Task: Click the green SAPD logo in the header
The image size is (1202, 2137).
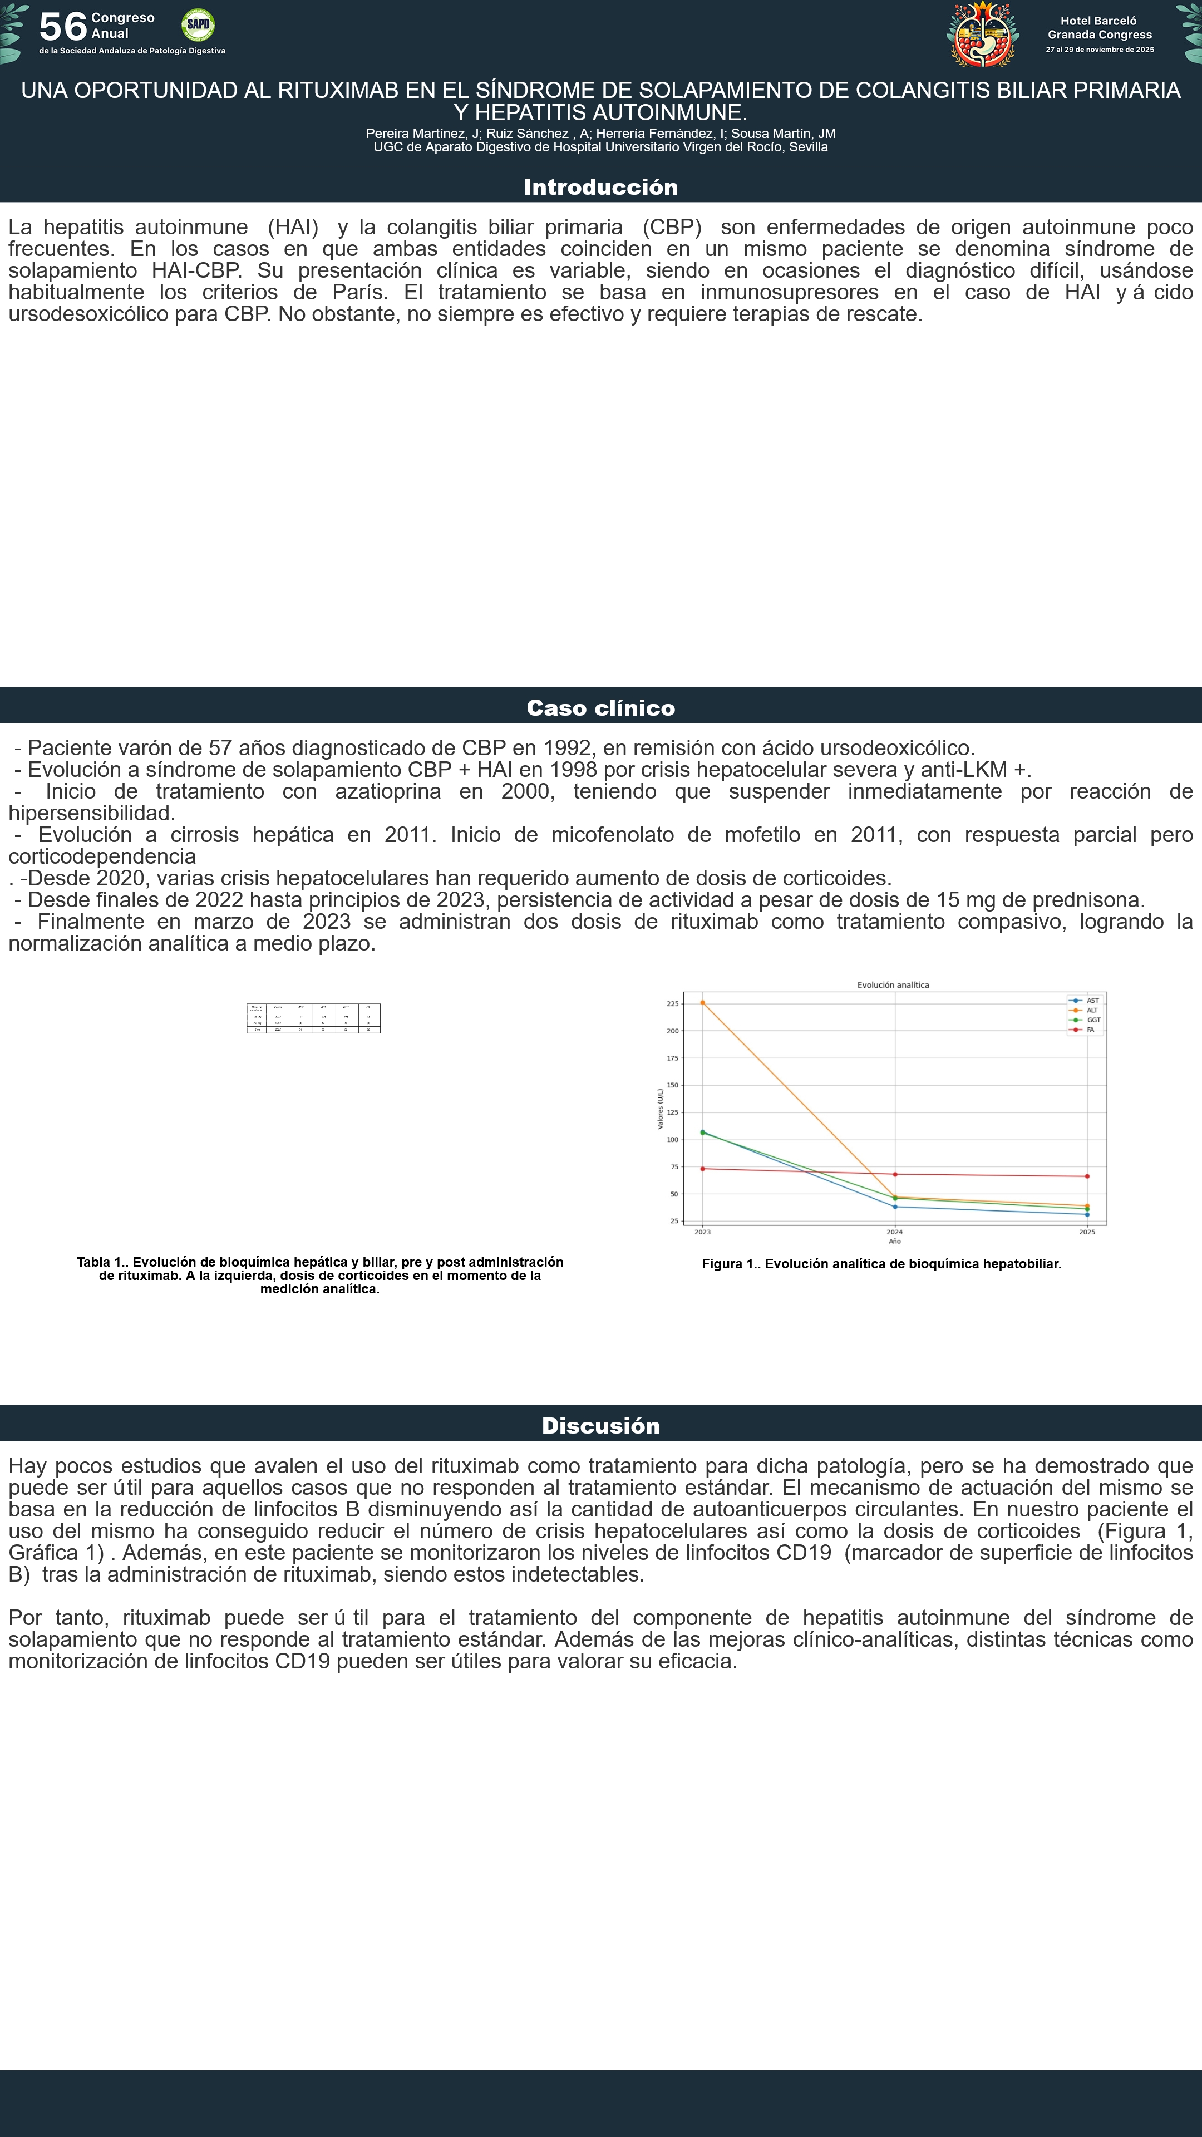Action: (x=198, y=25)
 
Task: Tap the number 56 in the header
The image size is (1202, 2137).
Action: (x=63, y=27)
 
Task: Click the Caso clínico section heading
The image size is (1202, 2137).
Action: (x=600, y=708)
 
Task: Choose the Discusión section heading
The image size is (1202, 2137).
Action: (x=600, y=1425)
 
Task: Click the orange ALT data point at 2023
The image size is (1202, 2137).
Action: (x=703, y=1002)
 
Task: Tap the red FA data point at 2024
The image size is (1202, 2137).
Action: (x=895, y=1174)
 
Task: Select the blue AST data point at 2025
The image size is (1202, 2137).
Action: (x=1087, y=1214)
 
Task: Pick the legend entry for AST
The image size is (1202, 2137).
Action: (x=1092, y=1001)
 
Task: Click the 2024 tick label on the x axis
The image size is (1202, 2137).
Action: (x=894, y=1232)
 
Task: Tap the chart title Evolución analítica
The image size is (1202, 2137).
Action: (x=893, y=984)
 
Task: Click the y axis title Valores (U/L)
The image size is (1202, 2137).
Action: (x=661, y=1109)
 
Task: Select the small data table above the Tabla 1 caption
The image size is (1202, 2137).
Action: (x=313, y=1018)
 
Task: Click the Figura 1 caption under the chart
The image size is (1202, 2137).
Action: (x=881, y=1263)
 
